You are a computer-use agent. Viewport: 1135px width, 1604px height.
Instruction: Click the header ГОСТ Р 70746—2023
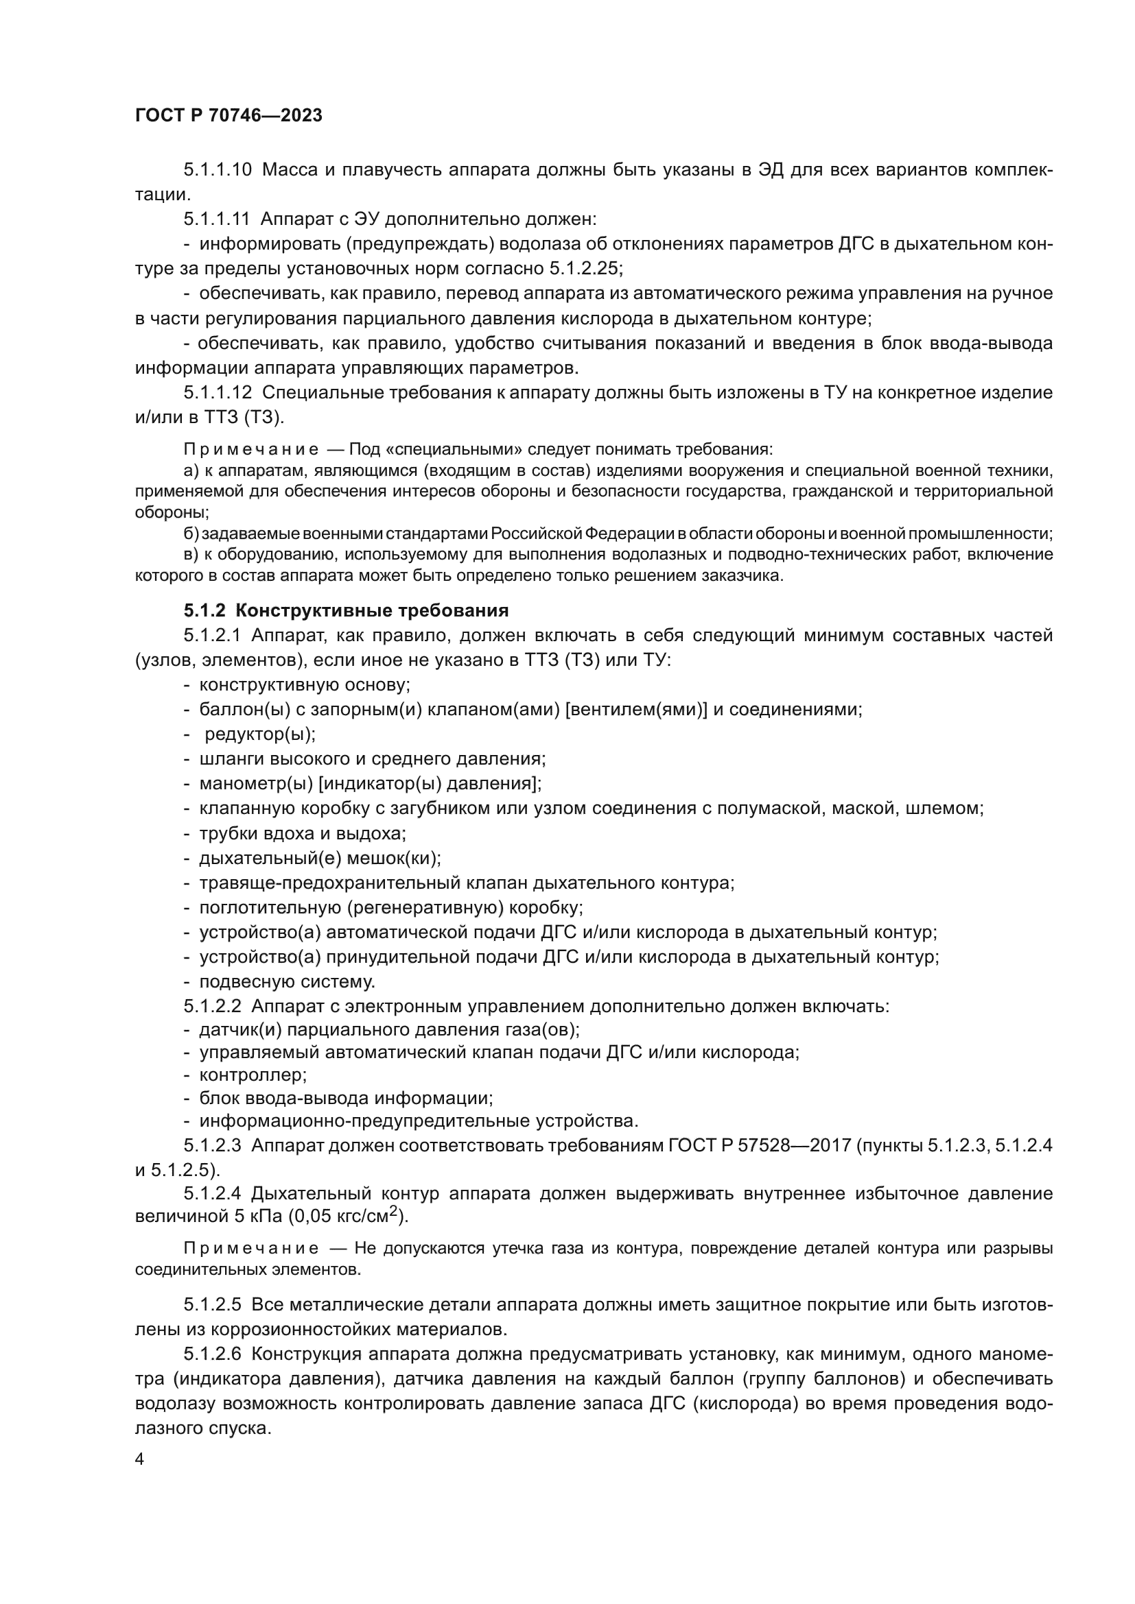(x=229, y=116)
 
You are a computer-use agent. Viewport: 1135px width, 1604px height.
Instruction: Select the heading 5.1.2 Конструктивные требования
(x=346, y=610)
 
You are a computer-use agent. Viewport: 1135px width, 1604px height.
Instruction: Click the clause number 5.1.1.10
(x=218, y=170)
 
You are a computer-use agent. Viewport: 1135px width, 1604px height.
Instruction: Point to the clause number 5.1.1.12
(x=218, y=393)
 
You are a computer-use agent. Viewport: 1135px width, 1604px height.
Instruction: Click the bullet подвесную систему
(x=288, y=981)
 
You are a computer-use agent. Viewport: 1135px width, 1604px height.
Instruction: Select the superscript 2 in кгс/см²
(x=393, y=1211)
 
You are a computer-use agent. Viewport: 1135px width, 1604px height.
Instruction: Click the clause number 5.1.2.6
(x=213, y=1354)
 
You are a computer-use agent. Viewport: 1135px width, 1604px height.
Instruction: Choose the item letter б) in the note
(x=191, y=534)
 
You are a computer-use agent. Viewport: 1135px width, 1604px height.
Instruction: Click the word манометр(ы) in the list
(x=255, y=784)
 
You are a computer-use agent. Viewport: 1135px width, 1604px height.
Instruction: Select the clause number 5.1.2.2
(x=213, y=1007)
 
